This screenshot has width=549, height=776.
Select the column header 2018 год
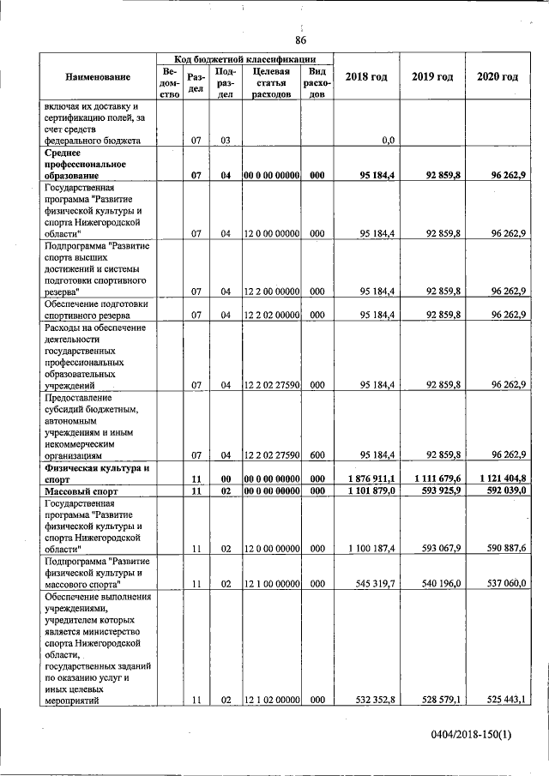366,77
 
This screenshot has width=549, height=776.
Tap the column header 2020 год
498,77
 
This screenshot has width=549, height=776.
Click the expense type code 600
317,454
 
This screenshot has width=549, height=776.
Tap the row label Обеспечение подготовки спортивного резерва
97,309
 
